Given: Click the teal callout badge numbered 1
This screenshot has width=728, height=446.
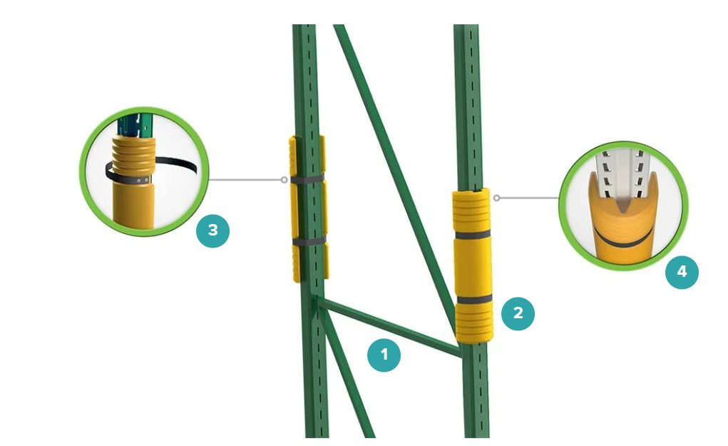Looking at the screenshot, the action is tap(384, 355).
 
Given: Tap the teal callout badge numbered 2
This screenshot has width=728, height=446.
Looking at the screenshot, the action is tap(518, 313).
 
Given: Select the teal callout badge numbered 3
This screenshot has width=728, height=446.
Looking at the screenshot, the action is tap(212, 230).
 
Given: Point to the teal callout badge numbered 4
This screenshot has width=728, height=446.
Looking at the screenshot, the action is tap(682, 272).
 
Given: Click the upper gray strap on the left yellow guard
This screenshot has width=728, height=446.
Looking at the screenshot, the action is tap(307, 179).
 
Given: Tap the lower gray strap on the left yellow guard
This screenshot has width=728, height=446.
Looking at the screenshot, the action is tap(309, 240).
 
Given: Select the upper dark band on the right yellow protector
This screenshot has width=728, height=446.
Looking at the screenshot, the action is tap(473, 234).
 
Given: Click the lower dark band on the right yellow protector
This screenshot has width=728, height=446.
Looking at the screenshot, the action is tap(474, 299).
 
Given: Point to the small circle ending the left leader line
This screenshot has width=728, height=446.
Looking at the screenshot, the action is tap(284, 180).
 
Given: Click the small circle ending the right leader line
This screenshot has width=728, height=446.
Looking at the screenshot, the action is tap(496, 198).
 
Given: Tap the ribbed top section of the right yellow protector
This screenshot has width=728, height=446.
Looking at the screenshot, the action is tap(471, 210).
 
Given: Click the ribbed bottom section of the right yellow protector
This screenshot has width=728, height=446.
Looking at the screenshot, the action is tap(474, 323).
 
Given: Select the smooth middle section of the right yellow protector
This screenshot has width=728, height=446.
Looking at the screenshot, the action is tap(473, 266).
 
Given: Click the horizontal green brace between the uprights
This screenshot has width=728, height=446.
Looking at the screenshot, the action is tap(390, 328).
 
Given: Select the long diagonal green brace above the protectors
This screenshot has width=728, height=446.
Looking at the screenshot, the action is tap(394, 176).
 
